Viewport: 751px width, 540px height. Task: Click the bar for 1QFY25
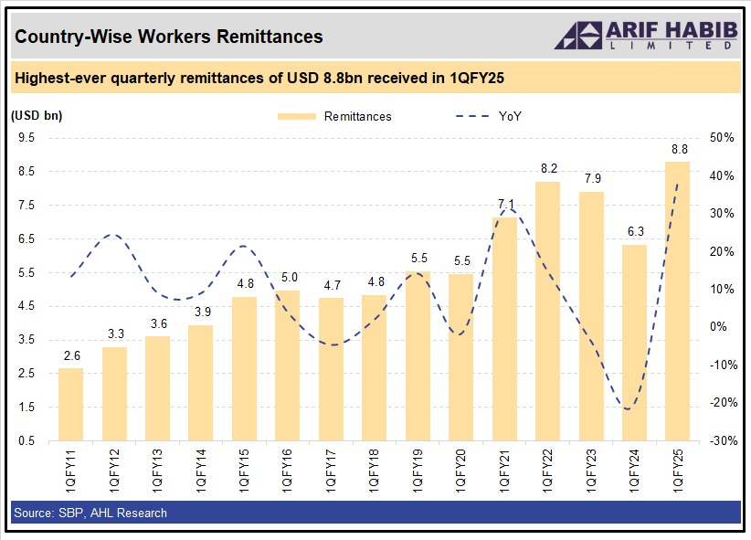coord(677,302)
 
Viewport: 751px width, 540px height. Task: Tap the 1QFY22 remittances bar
coord(547,311)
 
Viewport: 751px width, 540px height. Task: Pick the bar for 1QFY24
coord(634,343)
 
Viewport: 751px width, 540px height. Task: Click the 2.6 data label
coord(70,356)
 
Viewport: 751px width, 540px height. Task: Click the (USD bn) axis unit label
coord(37,115)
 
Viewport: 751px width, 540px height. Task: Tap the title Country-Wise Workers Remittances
coord(168,37)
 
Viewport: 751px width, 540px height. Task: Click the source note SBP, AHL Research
coord(90,513)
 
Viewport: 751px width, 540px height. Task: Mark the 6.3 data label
coord(634,232)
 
